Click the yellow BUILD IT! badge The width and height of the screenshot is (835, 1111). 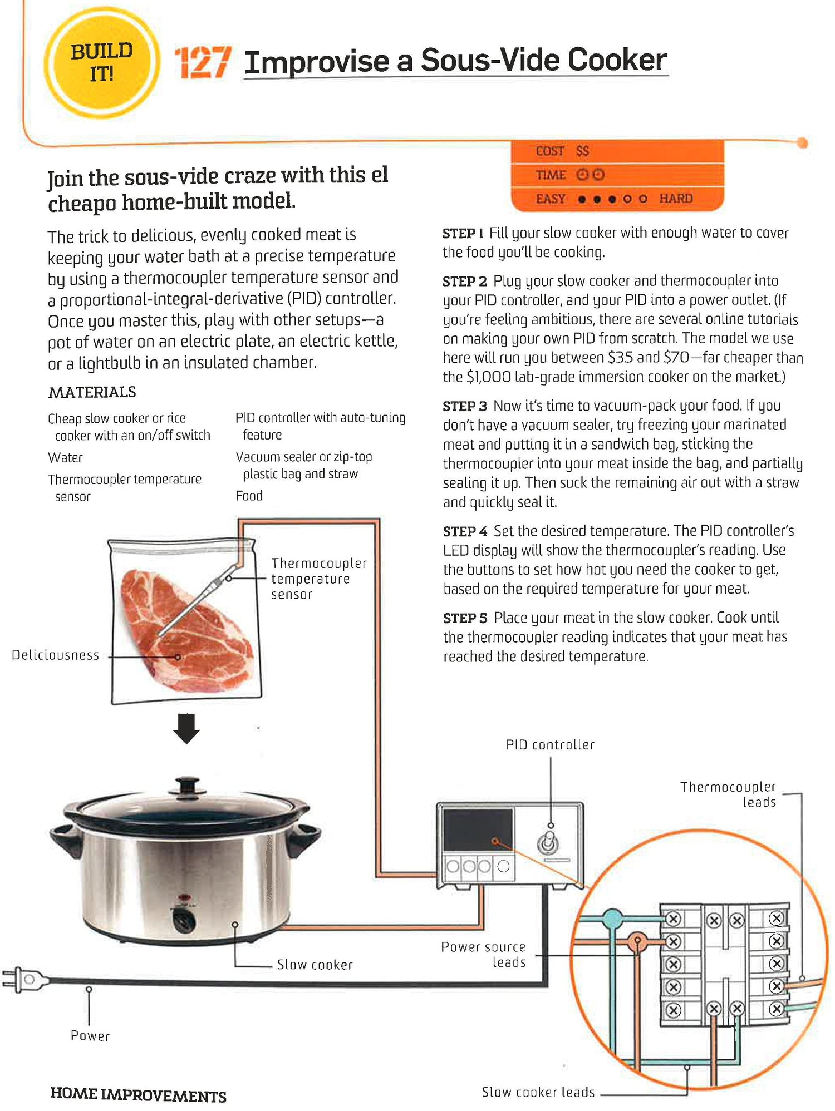(x=101, y=62)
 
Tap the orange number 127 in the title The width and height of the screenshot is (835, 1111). (x=202, y=62)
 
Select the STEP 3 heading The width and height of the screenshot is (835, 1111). (x=464, y=406)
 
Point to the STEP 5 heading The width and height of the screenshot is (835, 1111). (x=465, y=618)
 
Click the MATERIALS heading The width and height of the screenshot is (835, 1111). (x=92, y=392)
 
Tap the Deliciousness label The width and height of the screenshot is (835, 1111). (x=55, y=655)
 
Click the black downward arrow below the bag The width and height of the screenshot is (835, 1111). (x=186, y=728)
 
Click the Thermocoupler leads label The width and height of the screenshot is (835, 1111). (x=728, y=794)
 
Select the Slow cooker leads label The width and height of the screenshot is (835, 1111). (x=538, y=1092)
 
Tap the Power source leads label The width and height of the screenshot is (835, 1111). (x=483, y=955)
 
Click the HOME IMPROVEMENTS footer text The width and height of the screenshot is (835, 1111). (x=138, y=1094)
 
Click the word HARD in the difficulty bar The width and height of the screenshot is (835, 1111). (x=676, y=199)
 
